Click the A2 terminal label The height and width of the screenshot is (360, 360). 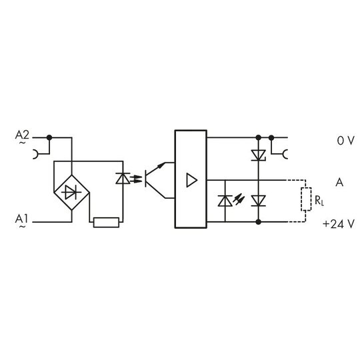coord(22,135)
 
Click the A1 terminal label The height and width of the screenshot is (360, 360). coord(21,219)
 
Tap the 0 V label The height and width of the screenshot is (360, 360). coord(345,141)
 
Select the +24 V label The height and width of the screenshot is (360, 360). coord(339,224)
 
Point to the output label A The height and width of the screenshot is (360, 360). coord(339,183)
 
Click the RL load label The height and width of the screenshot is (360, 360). coord(319,201)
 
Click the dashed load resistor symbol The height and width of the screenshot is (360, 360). coord(306,199)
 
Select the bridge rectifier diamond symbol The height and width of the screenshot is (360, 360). coord(71,193)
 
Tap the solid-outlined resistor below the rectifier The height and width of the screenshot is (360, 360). coord(106,222)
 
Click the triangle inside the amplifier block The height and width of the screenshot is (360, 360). coord(192,180)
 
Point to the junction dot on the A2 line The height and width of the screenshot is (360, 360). coord(49,137)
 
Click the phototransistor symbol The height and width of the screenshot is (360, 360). coord(155,180)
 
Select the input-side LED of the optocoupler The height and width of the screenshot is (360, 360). coord(123,179)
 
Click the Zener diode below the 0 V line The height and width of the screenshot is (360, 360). coord(259,155)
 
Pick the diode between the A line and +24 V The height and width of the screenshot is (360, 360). coord(259,201)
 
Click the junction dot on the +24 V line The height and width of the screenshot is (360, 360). coord(259,222)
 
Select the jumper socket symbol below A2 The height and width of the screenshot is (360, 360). coord(36,154)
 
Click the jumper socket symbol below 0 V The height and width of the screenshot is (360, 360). coord(285,154)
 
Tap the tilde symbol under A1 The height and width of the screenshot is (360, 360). coord(23,227)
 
